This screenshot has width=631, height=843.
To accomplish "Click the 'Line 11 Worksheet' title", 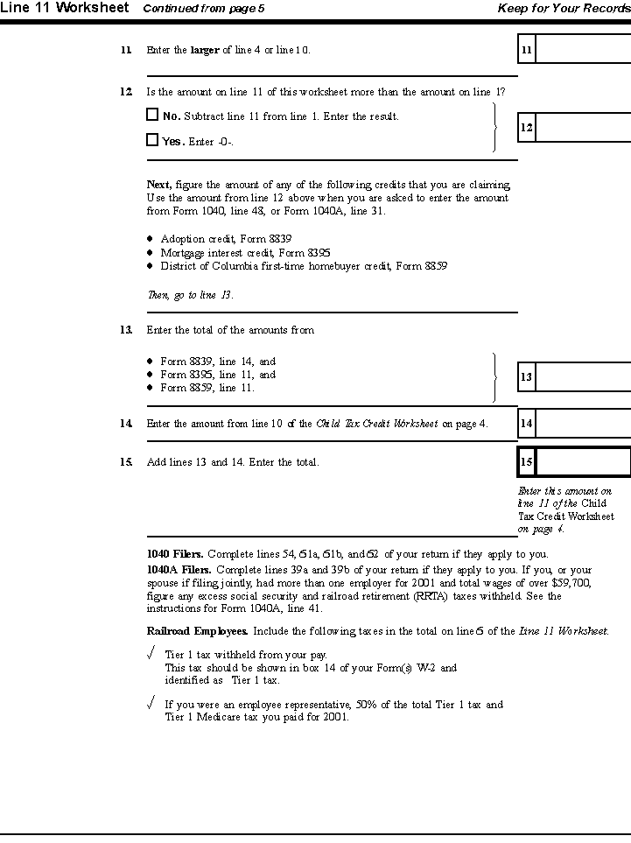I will point(65,8).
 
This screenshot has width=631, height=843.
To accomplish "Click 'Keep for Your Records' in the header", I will point(564,9).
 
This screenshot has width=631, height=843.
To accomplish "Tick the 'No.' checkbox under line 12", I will point(152,115).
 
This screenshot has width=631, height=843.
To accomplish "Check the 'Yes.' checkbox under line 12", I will point(152,139).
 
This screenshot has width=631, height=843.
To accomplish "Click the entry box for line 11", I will point(583,50).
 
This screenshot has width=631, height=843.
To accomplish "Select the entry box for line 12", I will point(583,128).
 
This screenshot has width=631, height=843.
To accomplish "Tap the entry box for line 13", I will point(583,377).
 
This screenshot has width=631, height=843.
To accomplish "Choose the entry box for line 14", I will point(583,424).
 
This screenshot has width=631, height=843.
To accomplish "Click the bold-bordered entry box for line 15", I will point(583,461).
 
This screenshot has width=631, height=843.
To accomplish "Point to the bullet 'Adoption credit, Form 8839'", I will point(226,239).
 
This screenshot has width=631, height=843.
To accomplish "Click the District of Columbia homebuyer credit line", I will point(304,266).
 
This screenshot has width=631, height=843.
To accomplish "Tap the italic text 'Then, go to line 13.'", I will point(190,295).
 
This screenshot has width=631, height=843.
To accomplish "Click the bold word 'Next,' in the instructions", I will point(159,185).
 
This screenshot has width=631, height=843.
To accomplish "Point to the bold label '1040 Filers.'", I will point(175,553).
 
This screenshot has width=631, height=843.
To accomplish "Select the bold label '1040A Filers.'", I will point(179,569).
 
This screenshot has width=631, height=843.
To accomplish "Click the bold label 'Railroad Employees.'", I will point(197,630).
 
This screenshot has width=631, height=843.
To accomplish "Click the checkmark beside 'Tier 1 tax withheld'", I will point(151,653).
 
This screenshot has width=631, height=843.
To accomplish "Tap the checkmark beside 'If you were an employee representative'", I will point(151,703).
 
